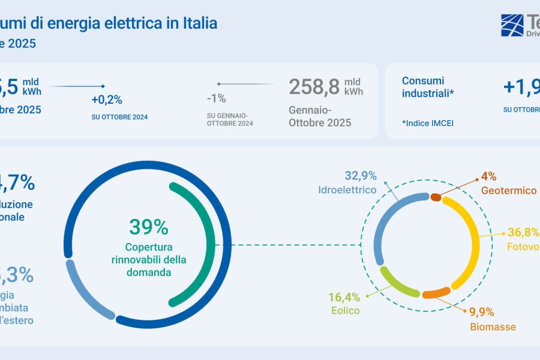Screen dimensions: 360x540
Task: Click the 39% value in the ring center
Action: click(x=149, y=227)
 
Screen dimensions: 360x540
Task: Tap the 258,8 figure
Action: click(x=314, y=87)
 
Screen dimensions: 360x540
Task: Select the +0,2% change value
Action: click(x=107, y=100)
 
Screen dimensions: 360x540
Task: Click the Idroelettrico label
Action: click(x=348, y=190)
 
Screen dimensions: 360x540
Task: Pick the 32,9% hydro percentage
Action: click(x=360, y=176)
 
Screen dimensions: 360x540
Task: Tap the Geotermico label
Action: click(x=508, y=190)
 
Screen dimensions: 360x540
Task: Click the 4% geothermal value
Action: click(x=488, y=177)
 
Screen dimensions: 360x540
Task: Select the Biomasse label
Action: click(x=493, y=327)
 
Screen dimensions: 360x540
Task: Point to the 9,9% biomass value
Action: click(x=481, y=312)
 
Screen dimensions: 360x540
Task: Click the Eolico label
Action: click(x=345, y=311)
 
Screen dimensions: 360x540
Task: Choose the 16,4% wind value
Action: click(x=344, y=296)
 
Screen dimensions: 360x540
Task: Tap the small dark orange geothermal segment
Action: click(x=436, y=197)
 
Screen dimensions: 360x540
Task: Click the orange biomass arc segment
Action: click(x=436, y=293)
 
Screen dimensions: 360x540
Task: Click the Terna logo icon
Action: click(x=512, y=25)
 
